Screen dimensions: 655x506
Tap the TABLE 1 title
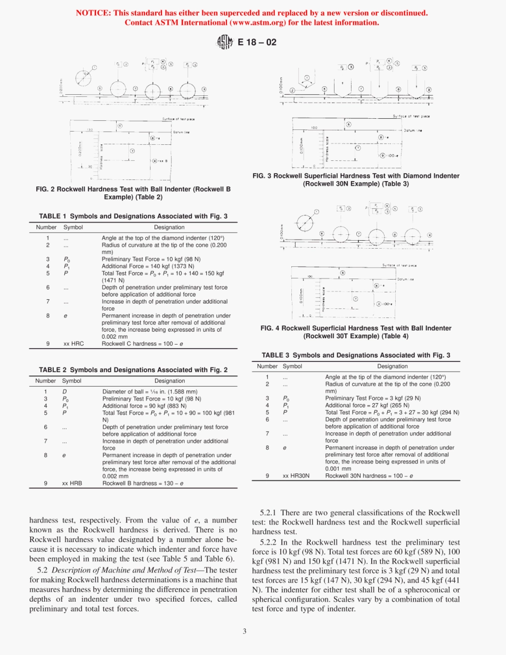[133, 216]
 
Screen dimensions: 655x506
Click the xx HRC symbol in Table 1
[73, 343]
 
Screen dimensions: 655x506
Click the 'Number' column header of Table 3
[267, 366]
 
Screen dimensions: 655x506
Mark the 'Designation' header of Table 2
[170, 381]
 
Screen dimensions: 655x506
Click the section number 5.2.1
[272, 512]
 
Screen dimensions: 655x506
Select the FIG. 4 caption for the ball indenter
[356, 332]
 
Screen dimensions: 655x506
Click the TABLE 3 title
[356, 355]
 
